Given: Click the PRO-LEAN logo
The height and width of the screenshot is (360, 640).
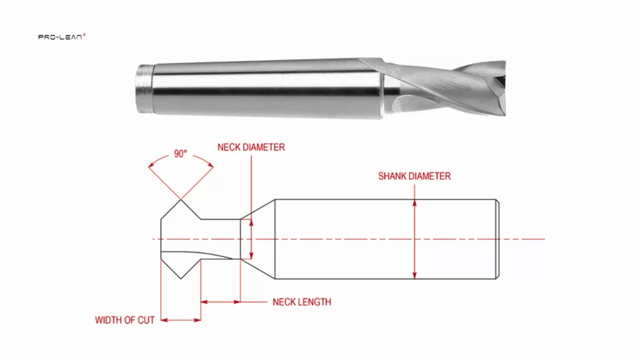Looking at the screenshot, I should tap(62, 37).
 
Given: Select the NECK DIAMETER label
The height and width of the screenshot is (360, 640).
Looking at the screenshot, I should tap(251, 147).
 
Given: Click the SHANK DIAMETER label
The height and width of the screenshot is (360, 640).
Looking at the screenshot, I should tap(414, 176).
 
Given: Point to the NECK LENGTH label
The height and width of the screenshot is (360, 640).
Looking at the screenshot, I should tap(302, 302).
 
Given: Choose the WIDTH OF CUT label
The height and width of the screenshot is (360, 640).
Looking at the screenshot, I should tap(124, 321).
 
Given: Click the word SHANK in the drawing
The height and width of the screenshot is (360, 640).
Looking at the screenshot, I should tap(392, 176).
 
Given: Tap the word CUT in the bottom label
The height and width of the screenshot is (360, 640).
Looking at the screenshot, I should tap(145, 321).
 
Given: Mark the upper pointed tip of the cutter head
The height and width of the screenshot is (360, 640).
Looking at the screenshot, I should tap(181, 200).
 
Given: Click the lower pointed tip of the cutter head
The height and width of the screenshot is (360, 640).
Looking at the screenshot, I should tap(181, 279).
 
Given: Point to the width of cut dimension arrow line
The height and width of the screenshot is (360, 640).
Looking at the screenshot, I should tap(181, 321).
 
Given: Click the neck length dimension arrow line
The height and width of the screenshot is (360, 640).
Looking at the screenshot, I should tap(220, 302).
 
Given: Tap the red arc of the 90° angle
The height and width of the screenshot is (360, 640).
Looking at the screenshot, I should tap(181, 161).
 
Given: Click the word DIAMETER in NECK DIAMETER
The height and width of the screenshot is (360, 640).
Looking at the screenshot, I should tap(262, 147).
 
